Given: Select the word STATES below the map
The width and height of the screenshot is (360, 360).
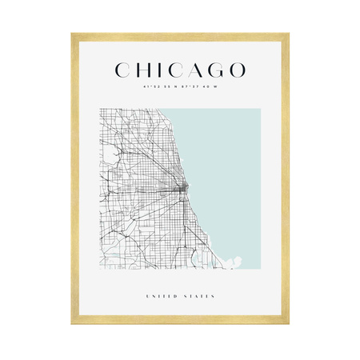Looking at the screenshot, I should tap(200, 297).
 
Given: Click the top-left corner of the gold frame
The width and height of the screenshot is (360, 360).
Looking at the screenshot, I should tap(72, 34).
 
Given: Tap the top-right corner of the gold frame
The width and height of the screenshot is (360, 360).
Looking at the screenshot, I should tap(288, 34).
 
